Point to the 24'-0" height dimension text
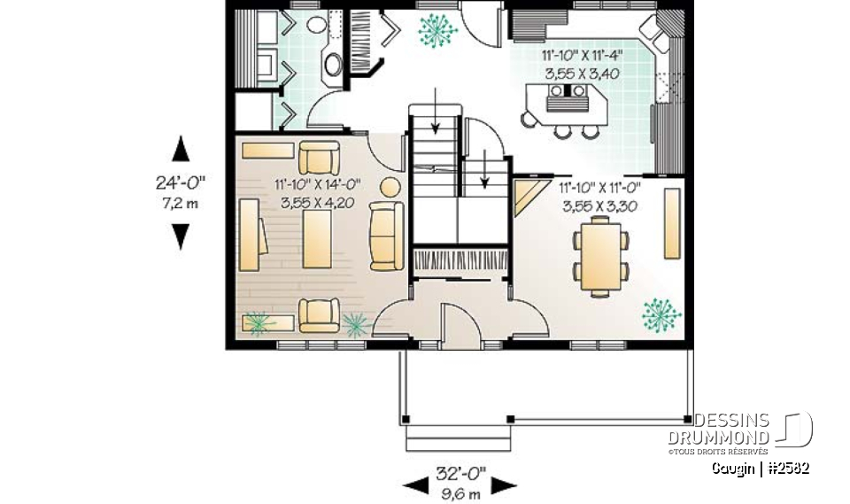click(180, 183)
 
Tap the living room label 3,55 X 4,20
click(317, 203)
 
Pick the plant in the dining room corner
click(661, 311)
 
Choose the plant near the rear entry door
click(437, 29)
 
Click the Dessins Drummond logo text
click(731, 430)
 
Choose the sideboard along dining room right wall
click(672, 222)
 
